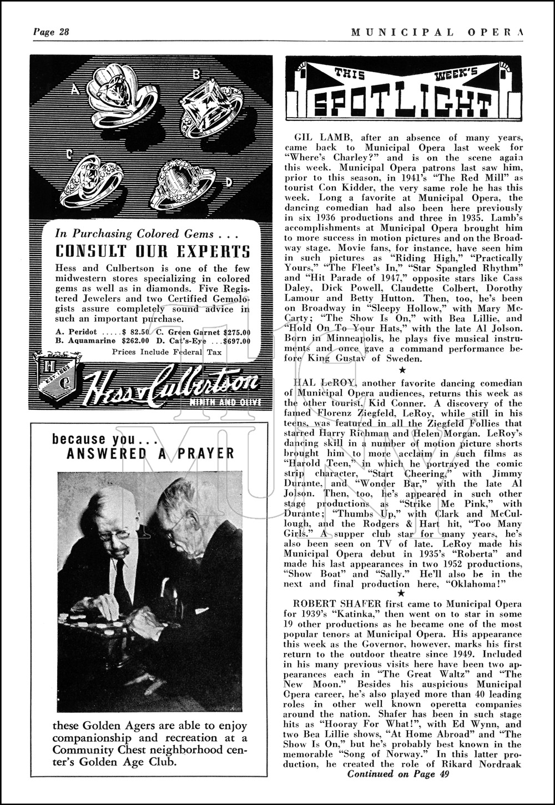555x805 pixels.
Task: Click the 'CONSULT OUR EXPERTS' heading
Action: click(153, 251)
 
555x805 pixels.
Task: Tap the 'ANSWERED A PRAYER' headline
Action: click(150, 453)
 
